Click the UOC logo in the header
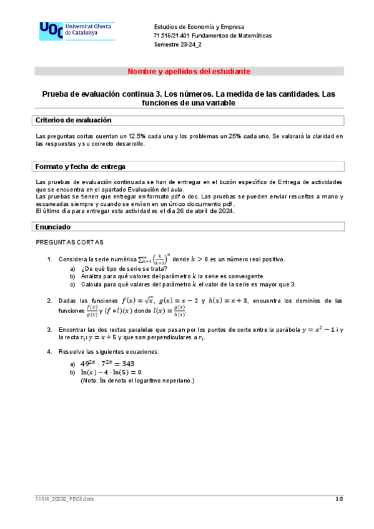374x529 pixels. pos(76,31)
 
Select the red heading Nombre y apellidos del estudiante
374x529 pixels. pos(189,72)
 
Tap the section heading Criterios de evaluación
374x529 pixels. pos(73,120)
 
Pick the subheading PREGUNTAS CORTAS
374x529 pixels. pos(70,242)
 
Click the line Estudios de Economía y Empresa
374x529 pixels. pos(199,27)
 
